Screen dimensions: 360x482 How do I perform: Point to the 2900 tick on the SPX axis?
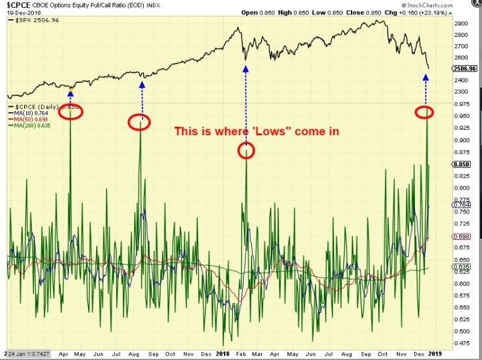462,23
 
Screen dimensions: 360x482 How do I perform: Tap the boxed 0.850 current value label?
461,164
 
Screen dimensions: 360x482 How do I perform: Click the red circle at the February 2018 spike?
246,150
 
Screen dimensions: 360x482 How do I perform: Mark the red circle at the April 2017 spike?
71,112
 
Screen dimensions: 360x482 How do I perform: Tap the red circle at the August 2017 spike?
140,121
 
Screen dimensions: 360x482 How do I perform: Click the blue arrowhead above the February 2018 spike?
246,69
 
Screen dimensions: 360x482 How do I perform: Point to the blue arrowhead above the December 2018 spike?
426,77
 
